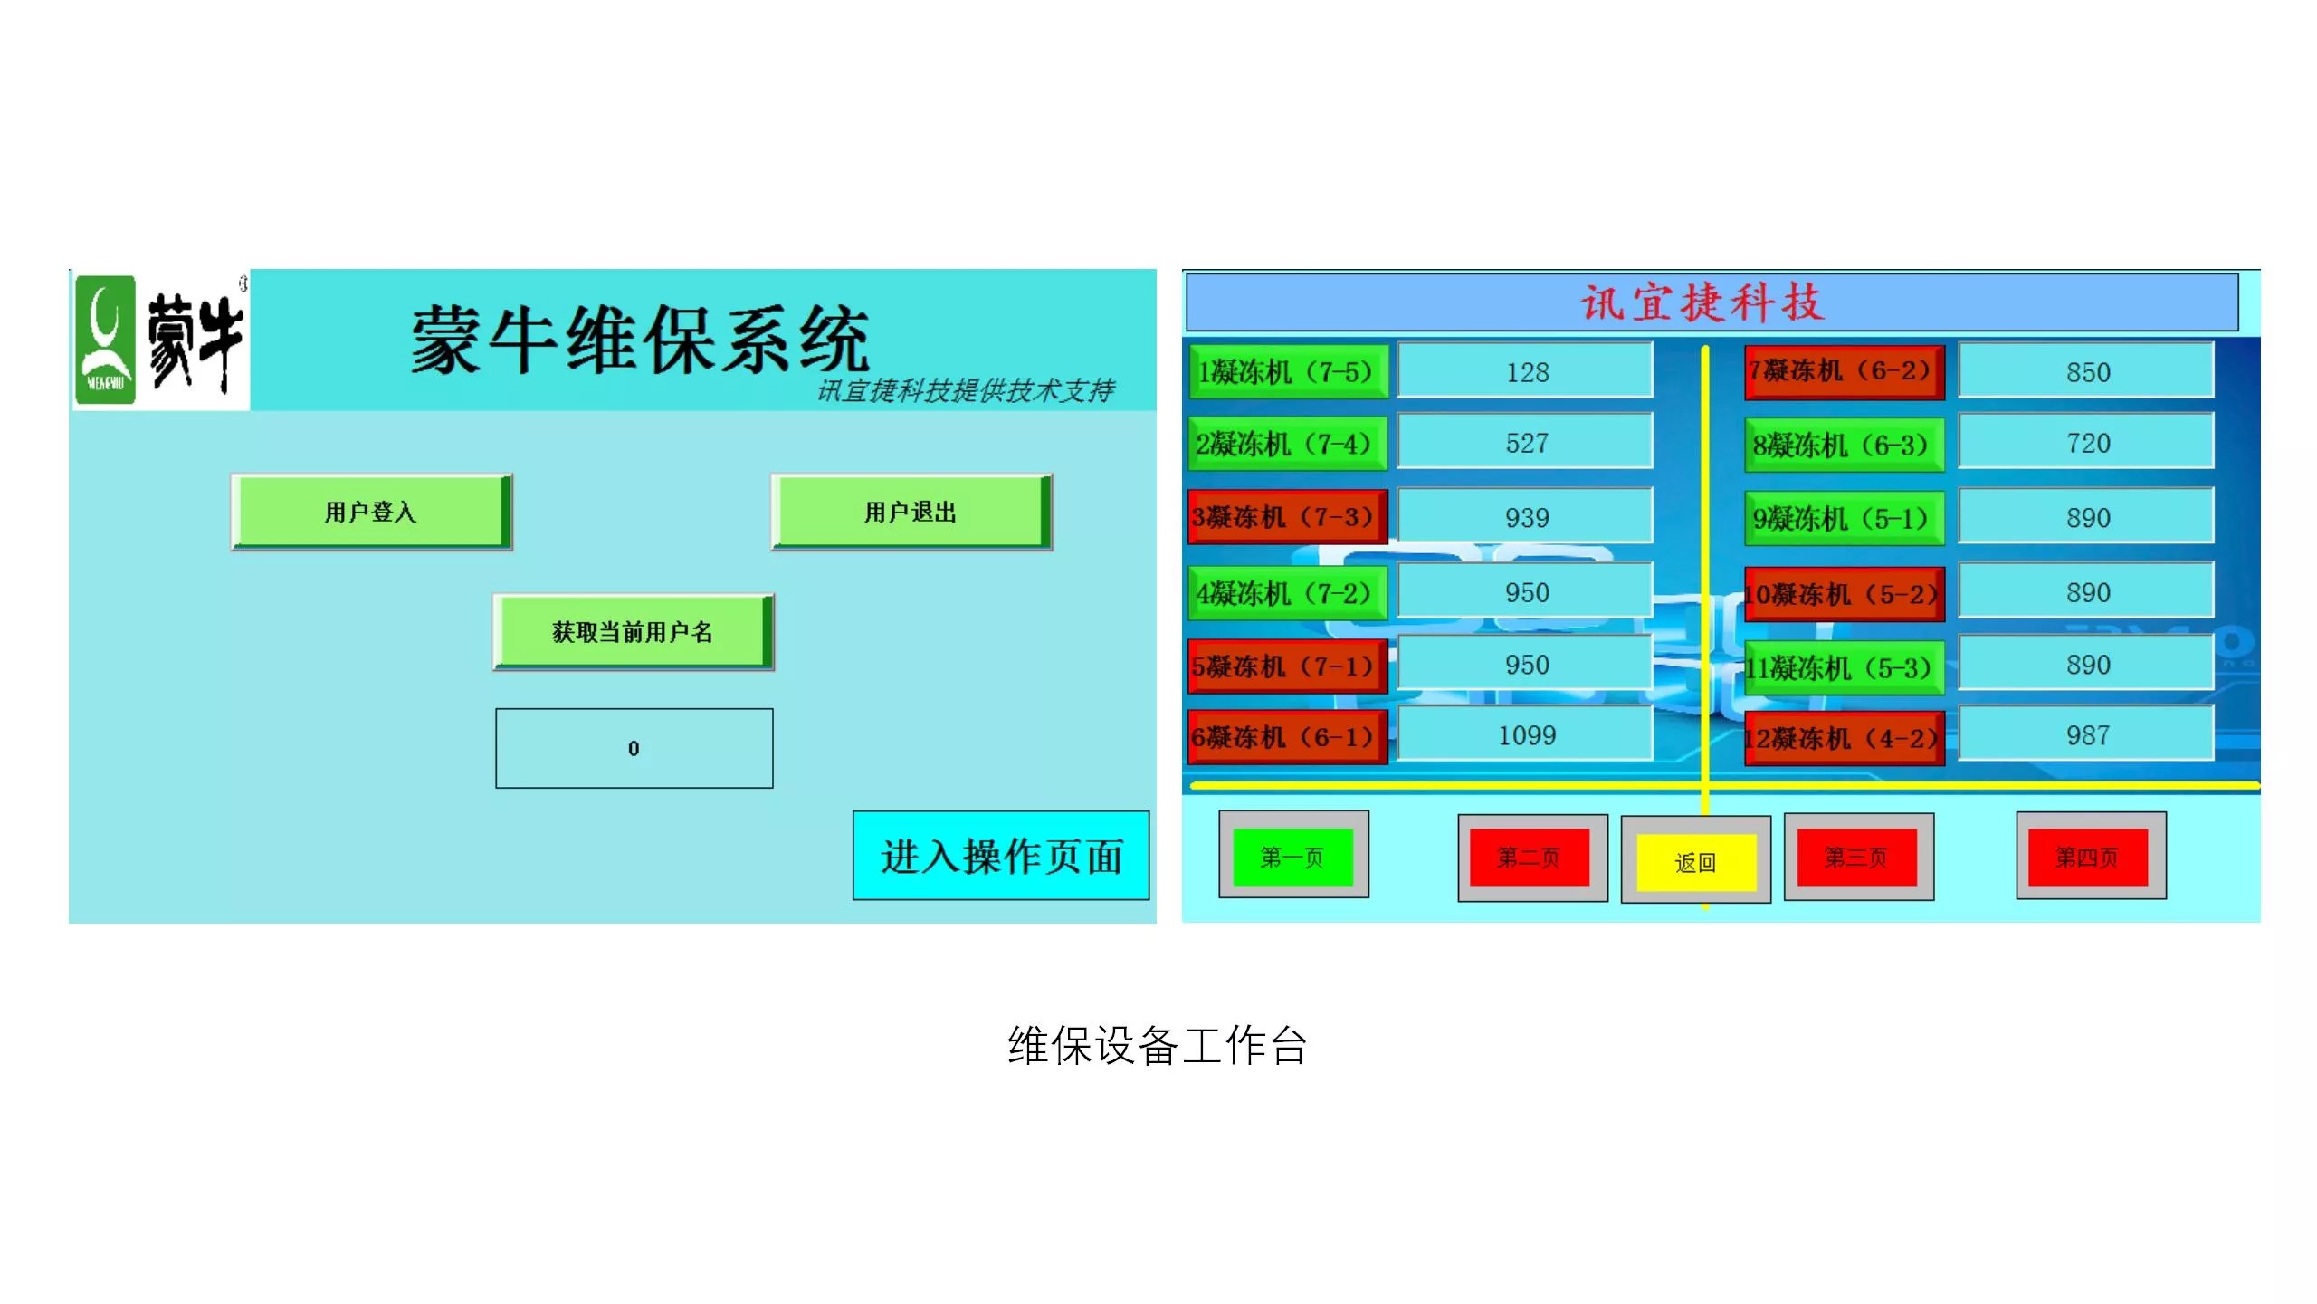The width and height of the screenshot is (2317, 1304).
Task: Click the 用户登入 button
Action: point(371,512)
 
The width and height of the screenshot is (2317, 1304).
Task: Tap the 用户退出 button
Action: point(911,512)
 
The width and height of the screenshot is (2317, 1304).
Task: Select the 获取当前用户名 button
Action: point(634,632)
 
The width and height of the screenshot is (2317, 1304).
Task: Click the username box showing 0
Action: point(634,748)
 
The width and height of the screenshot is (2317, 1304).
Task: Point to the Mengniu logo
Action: point(161,340)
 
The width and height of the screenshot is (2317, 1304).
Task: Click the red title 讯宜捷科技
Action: point(1702,302)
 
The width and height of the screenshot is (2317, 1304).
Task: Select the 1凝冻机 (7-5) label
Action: point(1287,371)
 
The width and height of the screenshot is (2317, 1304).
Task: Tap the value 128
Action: point(1526,371)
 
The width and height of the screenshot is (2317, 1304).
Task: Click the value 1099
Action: point(1526,735)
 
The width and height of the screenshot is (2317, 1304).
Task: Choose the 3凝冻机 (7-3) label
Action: point(1287,517)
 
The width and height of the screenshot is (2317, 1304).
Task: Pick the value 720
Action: point(2087,443)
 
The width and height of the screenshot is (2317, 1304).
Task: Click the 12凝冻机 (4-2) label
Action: point(1845,738)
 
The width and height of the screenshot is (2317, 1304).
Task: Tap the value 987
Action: point(2087,735)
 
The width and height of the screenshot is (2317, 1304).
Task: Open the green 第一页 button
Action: point(1293,856)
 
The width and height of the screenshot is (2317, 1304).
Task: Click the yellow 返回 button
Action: point(1696,861)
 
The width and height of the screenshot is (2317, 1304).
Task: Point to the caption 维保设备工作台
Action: point(1158,1046)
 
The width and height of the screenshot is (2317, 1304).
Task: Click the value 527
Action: point(1526,443)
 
